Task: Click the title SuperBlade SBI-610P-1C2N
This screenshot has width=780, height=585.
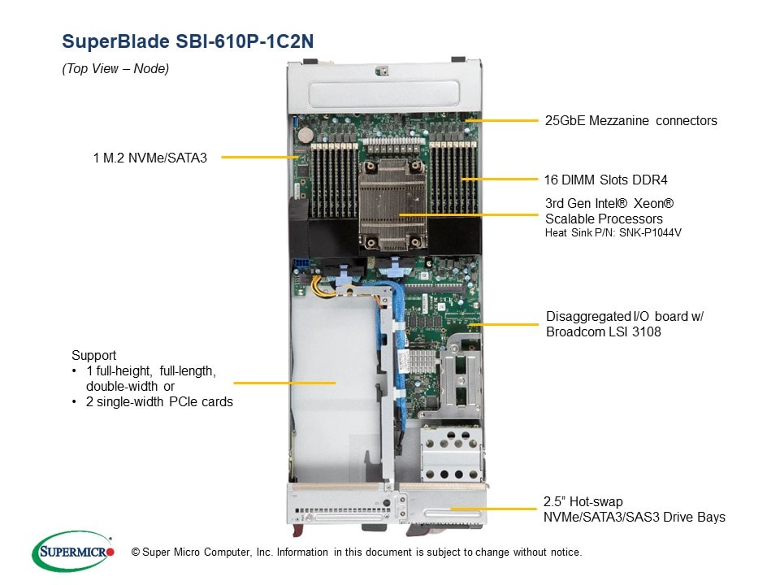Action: coord(188,41)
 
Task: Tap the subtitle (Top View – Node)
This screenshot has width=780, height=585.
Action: coord(115,68)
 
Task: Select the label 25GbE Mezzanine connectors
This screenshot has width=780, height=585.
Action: coord(630,120)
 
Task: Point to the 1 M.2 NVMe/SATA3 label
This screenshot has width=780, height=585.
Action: coord(149,158)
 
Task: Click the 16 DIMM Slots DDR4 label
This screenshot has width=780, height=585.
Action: coord(606,180)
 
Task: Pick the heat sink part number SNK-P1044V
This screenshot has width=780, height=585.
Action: coord(650,233)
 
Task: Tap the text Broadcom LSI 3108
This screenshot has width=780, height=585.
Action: coord(604,331)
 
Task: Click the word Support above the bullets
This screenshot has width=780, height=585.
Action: coord(93,356)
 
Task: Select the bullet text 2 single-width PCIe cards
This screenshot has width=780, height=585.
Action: coord(159,402)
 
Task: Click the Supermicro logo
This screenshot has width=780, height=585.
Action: coord(73,551)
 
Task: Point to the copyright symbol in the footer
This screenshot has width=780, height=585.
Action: coord(136,552)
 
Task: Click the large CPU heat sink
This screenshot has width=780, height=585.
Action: coord(393,205)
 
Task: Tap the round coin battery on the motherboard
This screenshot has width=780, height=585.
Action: coord(305,134)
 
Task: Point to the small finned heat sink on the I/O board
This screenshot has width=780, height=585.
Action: coord(422,361)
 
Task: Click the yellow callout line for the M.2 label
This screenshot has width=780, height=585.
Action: coord(260,157)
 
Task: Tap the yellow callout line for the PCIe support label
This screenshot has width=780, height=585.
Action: coord(284,383)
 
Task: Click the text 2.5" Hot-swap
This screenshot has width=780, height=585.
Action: coord(583,501)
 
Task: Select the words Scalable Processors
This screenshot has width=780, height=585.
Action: coord(604,219)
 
